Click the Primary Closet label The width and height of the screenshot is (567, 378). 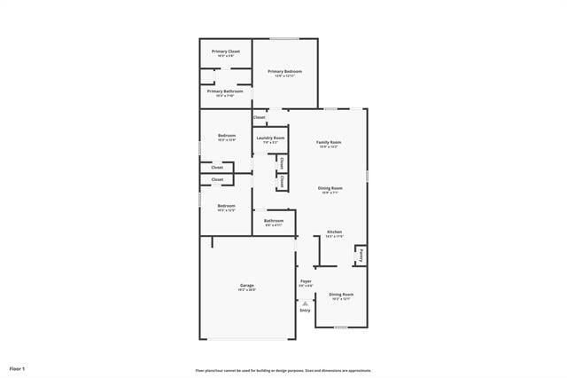[226, 51]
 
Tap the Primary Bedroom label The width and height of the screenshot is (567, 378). [285, 71]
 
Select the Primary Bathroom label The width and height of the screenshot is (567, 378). [226, 91]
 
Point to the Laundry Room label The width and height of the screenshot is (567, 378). [270, 138]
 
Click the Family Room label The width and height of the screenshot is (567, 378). [329, 142]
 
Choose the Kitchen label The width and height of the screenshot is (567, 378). [334, 232]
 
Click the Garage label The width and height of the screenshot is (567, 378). [246, 285]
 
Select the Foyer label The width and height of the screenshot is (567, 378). [306, 280]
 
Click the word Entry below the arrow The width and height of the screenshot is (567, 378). [305, 311]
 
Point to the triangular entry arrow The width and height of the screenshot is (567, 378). [305, 303]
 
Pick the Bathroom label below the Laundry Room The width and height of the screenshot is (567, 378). [274, 220]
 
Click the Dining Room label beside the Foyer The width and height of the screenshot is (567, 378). [341, 294]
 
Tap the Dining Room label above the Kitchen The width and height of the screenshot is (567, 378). [330, 187]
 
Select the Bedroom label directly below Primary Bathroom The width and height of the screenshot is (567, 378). [227, 135]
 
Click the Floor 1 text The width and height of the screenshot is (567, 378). [18, 367]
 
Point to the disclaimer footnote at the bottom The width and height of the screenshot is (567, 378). [283, 370]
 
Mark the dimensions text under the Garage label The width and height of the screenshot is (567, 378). [246, 290]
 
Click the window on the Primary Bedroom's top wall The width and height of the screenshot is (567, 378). [283, 38]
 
